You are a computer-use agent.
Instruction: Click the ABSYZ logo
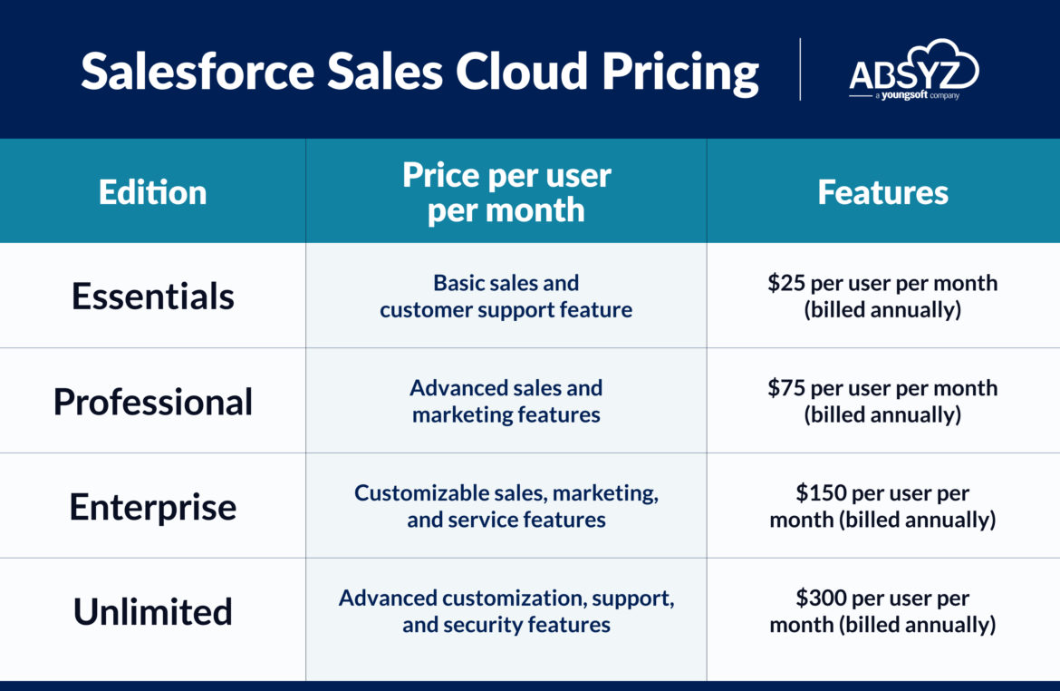(x=914, y=70)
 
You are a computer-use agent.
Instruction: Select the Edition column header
(x=153, y=192)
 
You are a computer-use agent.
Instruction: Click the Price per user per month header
(x=506, y=192)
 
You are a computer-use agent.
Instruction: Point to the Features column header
(x=883, y=192)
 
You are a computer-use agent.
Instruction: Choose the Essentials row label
(x=153, y=297)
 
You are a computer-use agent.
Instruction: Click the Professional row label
(x=153, y=402)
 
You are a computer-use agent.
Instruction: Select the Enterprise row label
(x=153, y=507)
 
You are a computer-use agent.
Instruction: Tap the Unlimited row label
(x=153, y=612)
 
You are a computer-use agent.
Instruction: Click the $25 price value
(x=787, y=283)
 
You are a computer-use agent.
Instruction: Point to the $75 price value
(x=787, y=388)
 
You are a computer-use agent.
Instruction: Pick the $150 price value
(x=820, y=492)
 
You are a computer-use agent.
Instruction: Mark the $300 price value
(x=820, y=598)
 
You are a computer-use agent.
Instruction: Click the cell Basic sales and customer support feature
(x=506, y=297)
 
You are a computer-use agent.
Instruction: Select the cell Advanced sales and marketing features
(x=506, y=402)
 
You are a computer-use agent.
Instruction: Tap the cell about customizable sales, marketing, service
(x=506, y=506)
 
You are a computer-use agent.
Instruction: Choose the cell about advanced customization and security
(x=506, y=611)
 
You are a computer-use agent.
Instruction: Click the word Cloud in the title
(x=521, y=71)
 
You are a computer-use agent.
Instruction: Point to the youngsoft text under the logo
(x=904, y=95)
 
